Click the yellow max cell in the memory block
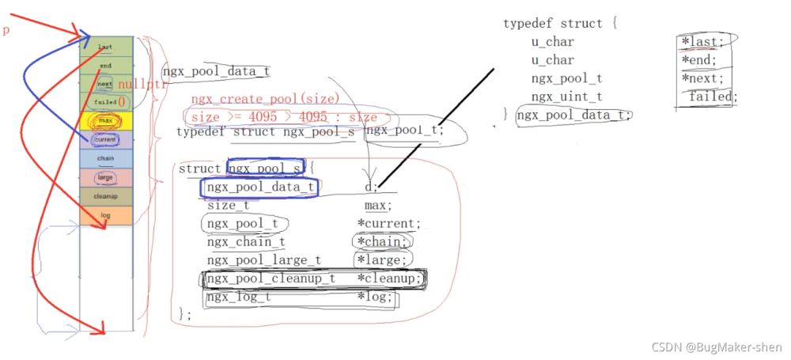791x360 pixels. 106,120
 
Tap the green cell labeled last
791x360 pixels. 106,46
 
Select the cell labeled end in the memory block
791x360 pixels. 106,65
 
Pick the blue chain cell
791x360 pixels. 106,158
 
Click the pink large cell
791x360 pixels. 106,177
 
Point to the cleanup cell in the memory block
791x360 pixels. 106,196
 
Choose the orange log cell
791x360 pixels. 106,214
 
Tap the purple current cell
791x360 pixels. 106,139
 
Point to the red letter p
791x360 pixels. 6,30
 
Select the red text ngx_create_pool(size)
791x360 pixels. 265,99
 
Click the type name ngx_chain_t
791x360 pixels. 246,242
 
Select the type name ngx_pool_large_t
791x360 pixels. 263,260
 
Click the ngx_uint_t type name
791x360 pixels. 567,97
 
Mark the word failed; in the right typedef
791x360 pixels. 712,97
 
